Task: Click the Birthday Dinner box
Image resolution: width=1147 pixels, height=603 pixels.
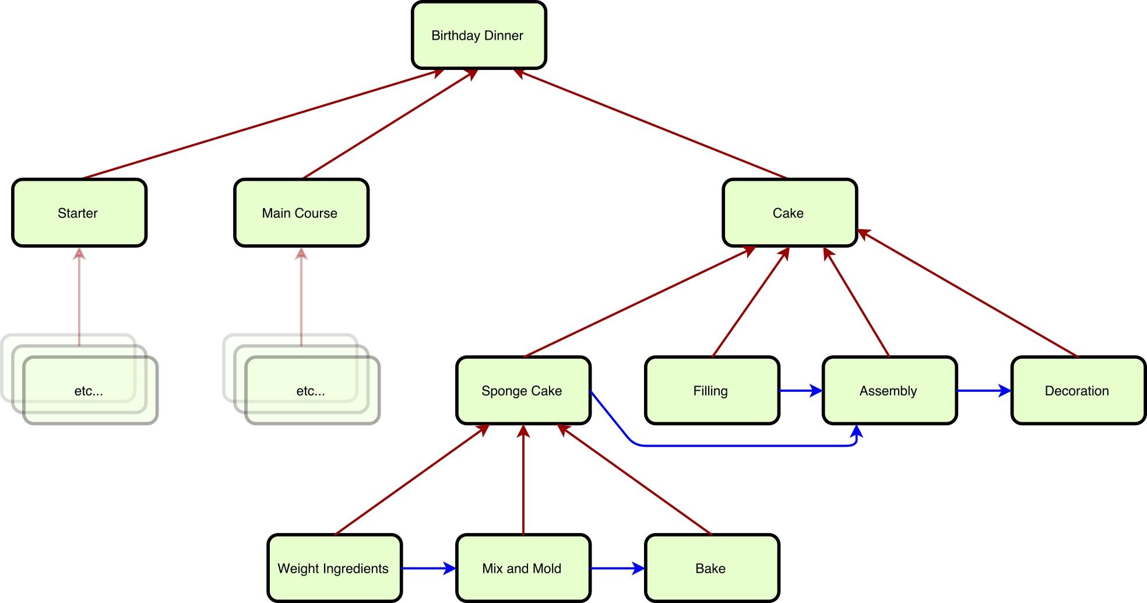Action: pyautogui.click(x=478, y=35)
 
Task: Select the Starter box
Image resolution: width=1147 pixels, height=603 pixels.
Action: pyautogui.click(x=79, y=213)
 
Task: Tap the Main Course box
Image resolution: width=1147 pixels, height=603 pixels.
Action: pyautogui.click(x=301, y=213)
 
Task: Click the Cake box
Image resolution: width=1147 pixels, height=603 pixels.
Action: pyautogui.click(x=789, y=213)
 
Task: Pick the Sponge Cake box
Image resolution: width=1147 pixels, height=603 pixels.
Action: pyautogui.click(x=523, y=390)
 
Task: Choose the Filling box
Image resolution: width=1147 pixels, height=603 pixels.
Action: pyautogui.click(x=712, y=390)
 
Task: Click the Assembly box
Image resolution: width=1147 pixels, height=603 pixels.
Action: pyautogui.click(x=889, y=390)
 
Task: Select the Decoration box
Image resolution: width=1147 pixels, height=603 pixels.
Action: pyautogui.click(x=1078, y=390)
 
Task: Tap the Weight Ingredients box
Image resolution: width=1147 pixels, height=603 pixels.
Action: pyautogui.click(x=334, y=568)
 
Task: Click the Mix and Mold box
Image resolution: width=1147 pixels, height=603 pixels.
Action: pyautogui.click(x=523, y=568)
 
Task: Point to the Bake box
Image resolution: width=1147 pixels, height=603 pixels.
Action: pyautogui.click(x=712, y=568)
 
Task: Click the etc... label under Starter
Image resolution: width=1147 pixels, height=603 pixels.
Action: pyautogui.click(x=89, y=391)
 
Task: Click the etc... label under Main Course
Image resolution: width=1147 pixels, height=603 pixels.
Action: pyautogui.click(x=311, y=391)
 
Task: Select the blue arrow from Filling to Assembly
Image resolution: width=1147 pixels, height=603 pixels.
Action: pyautogui.click(x=800, y=390)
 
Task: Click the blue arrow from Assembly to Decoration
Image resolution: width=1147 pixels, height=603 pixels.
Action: pyautogui.click(x=983, y=390)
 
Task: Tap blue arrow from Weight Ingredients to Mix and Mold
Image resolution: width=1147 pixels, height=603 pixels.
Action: pyautogui.click(x=428, y=568)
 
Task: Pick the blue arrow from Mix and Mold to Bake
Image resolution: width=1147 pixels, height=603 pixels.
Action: pyautogui.click(x=617, y=568)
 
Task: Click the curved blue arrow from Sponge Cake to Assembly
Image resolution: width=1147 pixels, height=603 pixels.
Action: pyautogui.click(x=746, y=446)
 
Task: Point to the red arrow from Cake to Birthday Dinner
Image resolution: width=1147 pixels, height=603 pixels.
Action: pyautogui.click(x=650, y=124)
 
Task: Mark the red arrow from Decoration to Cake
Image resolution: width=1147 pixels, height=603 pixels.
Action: pyautogui.click(x=967, y=293)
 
